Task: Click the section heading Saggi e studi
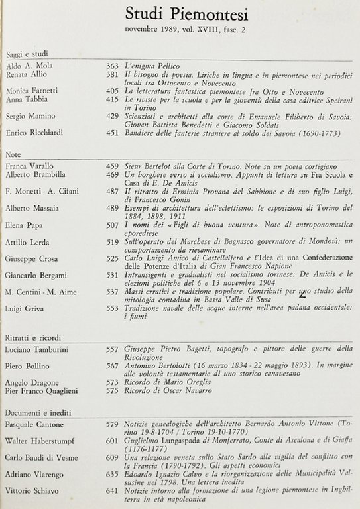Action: (x=27, y=54)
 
